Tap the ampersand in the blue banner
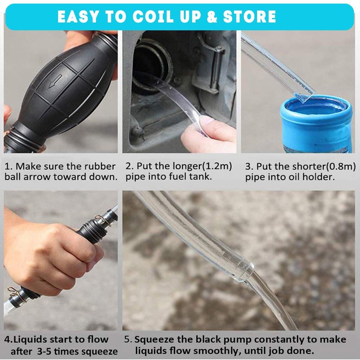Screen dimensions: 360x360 (211, 17)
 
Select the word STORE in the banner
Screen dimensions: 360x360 (249, 17)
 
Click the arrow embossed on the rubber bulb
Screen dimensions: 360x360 (55, 81)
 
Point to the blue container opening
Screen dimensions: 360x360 (316, 106)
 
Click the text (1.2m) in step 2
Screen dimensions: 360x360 (216, 166)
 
